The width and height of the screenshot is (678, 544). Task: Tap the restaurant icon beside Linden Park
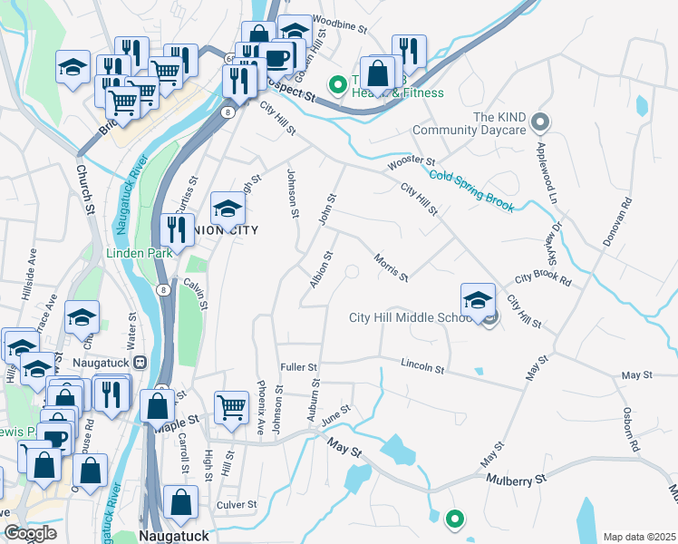coord(177,229)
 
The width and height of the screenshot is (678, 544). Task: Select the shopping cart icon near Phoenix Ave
coord(231,406)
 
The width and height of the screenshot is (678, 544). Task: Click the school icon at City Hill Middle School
coord(478,298)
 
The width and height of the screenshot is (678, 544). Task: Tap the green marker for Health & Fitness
coord(338,86)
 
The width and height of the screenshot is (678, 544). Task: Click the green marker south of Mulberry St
coord(454,520)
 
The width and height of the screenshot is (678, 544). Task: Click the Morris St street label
coord(391,267)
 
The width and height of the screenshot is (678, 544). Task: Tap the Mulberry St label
coord(516,477)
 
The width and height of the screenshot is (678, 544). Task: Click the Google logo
coord(29,533)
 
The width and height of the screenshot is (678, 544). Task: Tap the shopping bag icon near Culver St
coord(181,500)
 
